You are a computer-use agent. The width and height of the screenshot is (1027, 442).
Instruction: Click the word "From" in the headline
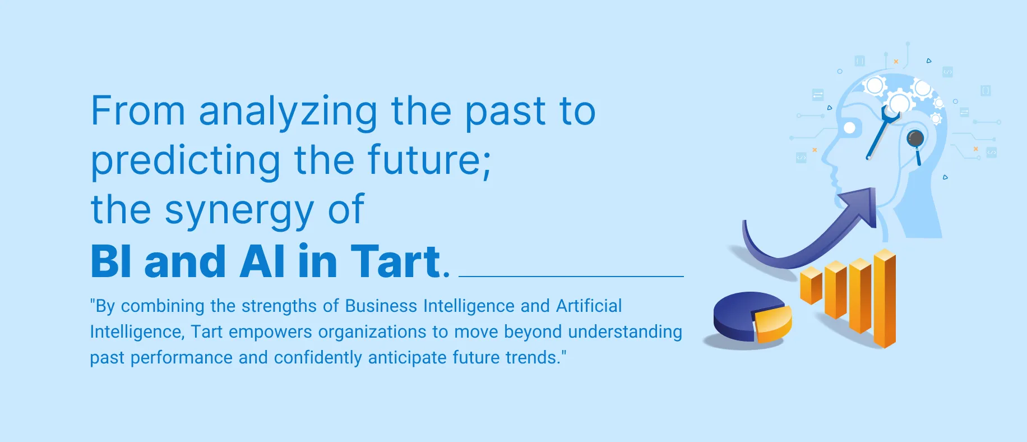point(138,110)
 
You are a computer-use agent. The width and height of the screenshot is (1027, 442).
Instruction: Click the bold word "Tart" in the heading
point(396,261)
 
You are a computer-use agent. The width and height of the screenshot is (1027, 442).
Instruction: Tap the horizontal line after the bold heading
point(571,277)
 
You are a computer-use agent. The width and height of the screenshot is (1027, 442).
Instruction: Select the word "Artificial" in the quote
point(589,306)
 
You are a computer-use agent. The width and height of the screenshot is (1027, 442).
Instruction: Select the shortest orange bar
point(811,286)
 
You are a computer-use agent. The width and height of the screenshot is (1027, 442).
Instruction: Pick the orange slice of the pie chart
point(773,324)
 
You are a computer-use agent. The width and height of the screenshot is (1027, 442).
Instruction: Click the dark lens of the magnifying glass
point(915,138)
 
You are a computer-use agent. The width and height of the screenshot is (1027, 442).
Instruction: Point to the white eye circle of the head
point(849,128)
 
